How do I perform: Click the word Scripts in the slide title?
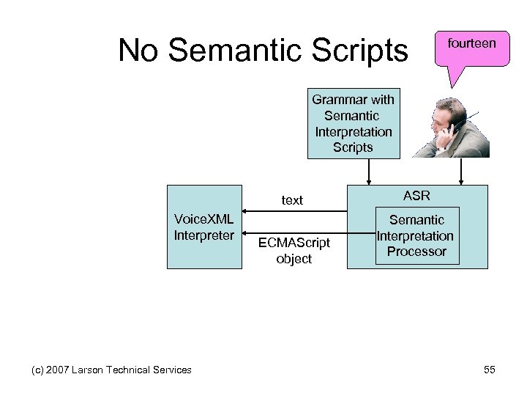click(x=364, y=50)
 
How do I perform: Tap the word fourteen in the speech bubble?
click(x=471, y=44)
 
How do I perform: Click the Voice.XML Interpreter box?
click(x=206, y=227)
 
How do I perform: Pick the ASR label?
click(x=416, y=196)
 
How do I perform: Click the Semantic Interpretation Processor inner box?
click(x=416, y=235)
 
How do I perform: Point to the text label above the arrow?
click(x=292, y=199)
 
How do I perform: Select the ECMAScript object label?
click(x=294, y=251)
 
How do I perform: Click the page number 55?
click(x=489, y=370)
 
